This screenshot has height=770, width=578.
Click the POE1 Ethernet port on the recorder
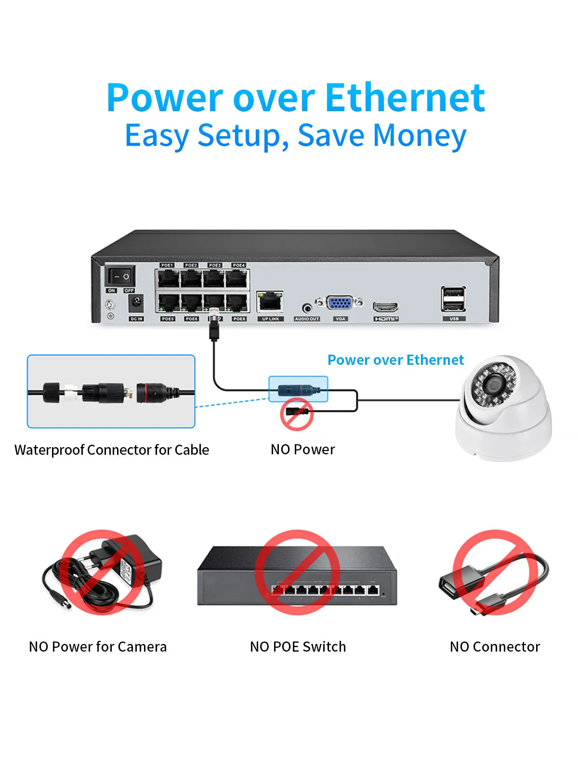(x=167, y=278)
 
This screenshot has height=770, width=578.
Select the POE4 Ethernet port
(x=238, y=278)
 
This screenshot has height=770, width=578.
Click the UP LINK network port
(x=270, y=302)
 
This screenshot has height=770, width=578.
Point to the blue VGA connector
(x=340, y=303)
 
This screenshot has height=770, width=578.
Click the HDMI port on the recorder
(x=386, y=307)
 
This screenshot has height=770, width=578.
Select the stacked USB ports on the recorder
(x=453, y=299)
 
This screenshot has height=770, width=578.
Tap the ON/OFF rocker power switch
(x=120, y=276)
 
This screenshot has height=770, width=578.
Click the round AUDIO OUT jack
(x=307, y=307)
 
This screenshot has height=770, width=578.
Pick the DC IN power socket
(x=136, y=303)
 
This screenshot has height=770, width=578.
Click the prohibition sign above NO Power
(x=297, y=413)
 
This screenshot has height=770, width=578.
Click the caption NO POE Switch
(x=298, y=646)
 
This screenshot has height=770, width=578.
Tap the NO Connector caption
(x=495, y=646)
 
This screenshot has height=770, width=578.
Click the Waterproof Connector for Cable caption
(x=112, y=449)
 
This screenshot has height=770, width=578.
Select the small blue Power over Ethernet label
(x=395, y=360)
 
